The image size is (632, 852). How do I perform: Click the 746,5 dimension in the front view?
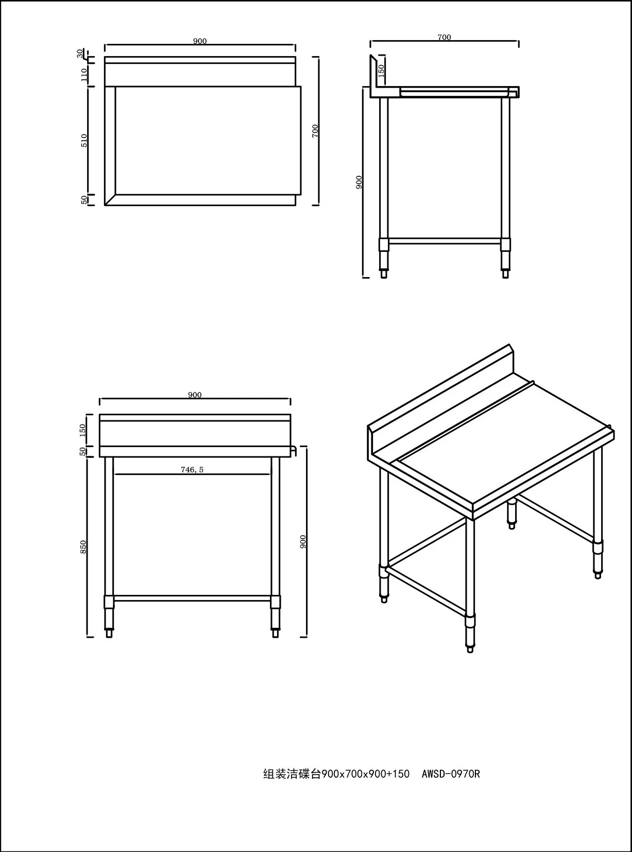tap(192, 469)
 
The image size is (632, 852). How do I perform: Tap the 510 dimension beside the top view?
tap(84, 140)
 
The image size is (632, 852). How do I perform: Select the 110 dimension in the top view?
tap(84, 74)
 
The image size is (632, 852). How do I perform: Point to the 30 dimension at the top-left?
tap(79, 53)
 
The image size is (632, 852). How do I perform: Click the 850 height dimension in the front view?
tap(83, 547)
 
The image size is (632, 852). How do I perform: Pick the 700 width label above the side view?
tap(444, 37)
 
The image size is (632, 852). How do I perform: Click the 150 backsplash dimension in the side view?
tap(381, 71)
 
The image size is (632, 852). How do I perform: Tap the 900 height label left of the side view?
tap(359, 182)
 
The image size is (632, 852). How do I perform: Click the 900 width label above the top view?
tap(200, 41)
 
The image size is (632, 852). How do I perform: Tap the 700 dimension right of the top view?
tap(315, 131)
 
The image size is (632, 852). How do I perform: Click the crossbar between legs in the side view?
tap(445, 241)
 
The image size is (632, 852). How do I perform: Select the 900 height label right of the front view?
tap(303, 541)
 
